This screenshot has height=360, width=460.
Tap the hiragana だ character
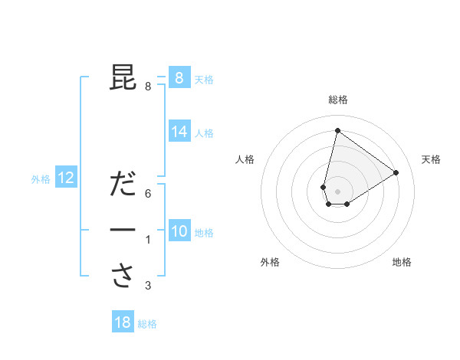point(123,185)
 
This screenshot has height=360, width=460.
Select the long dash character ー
point(123,230)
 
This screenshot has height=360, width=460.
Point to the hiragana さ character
point(123,276)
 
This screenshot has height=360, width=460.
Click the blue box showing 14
point(179,132)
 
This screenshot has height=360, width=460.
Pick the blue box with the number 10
point(179,231)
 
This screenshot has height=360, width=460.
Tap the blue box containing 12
point(66,178)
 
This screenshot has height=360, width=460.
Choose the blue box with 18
point(123,322)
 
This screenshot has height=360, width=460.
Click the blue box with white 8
point(179,77)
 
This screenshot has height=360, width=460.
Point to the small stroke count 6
point(148,194)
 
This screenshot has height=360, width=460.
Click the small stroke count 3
point(148,286)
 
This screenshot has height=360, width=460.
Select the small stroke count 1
point(148,241)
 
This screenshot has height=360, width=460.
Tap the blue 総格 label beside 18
point(147,324)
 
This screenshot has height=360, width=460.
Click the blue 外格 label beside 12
point(41,179)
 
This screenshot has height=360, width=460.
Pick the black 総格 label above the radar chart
point(337,100)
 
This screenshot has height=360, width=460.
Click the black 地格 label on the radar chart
point(402,262)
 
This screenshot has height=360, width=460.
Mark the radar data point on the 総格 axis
point(337,130)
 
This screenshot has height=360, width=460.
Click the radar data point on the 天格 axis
point(396,172)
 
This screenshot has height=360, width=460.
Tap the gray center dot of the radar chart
point(337,191)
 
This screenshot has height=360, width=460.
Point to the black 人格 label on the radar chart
point(245,159)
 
